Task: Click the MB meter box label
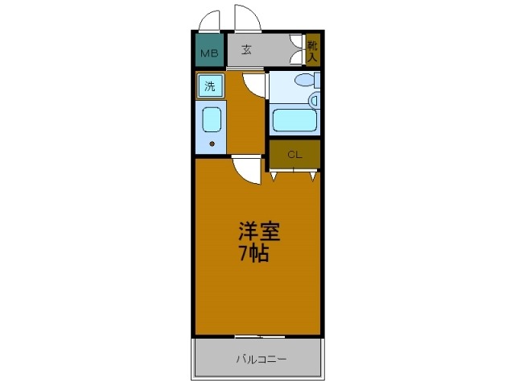209,54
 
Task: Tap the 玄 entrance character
247,48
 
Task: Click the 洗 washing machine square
210,86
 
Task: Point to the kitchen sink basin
211,119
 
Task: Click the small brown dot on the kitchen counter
212,144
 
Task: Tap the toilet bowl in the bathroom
303,81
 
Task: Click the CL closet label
294,153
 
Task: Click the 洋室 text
257,231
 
